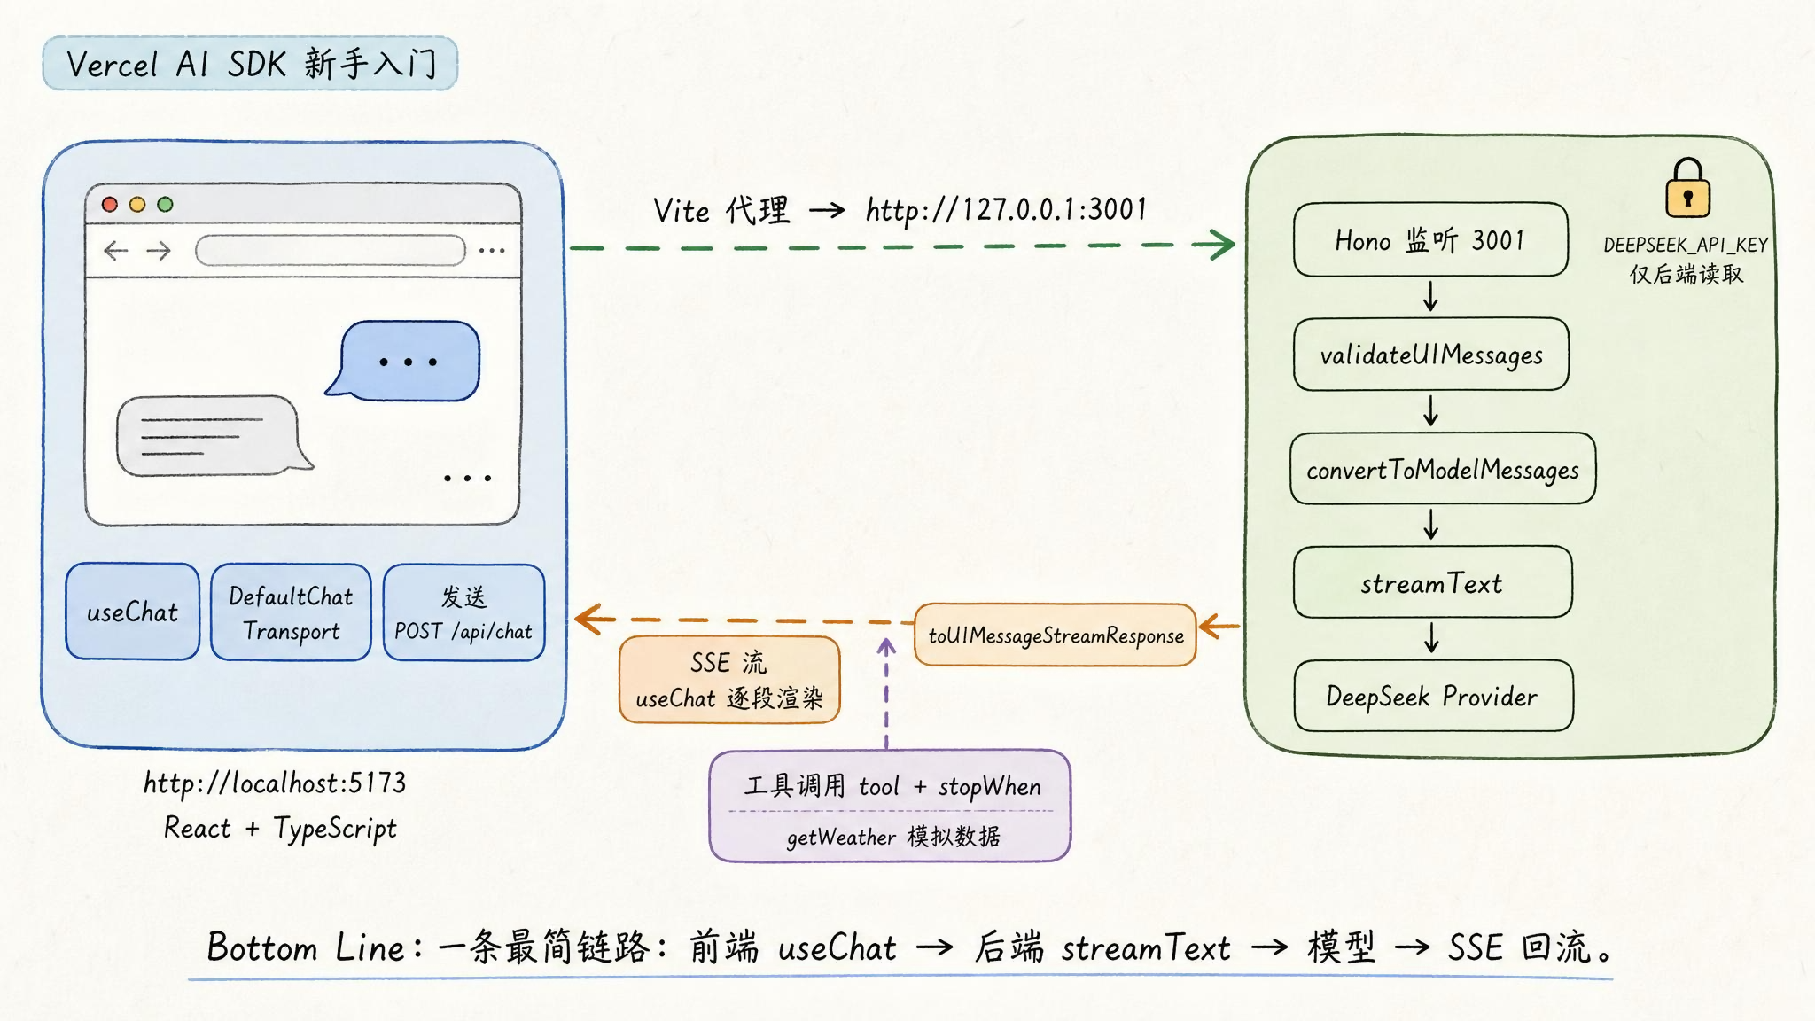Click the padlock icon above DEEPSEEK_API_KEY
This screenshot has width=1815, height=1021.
click(x=1687, y=188)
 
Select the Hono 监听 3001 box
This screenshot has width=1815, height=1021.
click(x=1430, y=239)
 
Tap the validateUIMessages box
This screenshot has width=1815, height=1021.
click(x=1431, y=355)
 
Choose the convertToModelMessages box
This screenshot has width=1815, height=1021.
click(x=1443, y=469)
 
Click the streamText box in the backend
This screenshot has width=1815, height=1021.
click(x=1432, y=582)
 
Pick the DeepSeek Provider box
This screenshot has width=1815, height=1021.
click(x=1433, y=696)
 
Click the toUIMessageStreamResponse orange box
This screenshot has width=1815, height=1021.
click(x=1056, y=635)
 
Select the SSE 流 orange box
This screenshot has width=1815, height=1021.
click(x=729, y=680)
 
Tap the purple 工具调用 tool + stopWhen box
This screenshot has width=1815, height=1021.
click(x=890, y=806)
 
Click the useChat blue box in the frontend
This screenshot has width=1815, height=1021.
click(x=132, y=612)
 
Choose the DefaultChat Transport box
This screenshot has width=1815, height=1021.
click(x=291, y=612)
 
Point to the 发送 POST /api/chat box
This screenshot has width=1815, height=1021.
click(x=463, y=612)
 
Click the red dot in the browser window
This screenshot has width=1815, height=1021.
click(x=110, y=205)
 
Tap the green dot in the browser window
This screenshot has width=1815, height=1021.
click(x=165, y=205)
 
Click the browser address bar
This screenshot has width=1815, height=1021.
click(x=331, y=250)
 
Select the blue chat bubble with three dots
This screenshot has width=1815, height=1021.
click(x=407, y=361)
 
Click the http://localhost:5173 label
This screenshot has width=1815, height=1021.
click(x=275, y=783)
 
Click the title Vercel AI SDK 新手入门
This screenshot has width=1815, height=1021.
click(x=251, y=64)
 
